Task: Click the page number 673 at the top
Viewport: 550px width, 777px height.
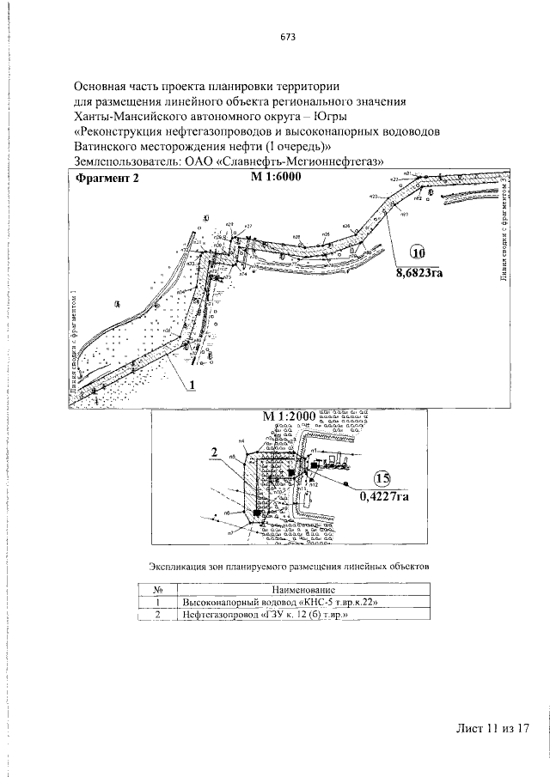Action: (288, 37)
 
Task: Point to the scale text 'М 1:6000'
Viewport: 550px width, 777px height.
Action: (278, 178)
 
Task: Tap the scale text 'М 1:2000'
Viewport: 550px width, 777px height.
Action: (290, 416)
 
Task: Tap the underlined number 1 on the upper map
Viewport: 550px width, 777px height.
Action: (194, 385)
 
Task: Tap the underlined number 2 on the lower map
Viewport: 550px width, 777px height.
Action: (211, 450)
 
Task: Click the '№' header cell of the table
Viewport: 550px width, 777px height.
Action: (158, 590)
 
